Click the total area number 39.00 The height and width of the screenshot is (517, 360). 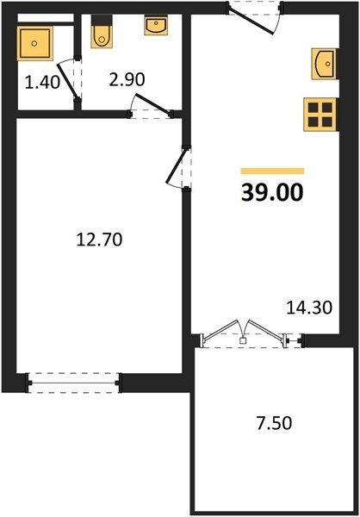pyautogui.click(x=272, y=192)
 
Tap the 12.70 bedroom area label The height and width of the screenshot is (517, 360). pyautogui.click(x=99, y=240)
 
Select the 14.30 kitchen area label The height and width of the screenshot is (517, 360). pyautogui.click(x=309, y=308)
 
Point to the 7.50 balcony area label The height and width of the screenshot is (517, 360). pyautogui.click(x=274, y=423)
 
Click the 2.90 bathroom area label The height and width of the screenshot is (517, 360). pyautogui.click(x=127, y=79)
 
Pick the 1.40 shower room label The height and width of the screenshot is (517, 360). pyautogui.click(x=42, y=82)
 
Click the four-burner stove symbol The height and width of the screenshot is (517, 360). pyautogui.click(x=320, y=115)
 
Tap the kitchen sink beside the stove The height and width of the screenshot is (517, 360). pyautogui.click(x=325, y=64)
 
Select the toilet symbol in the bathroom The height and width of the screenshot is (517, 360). pyautogui.click(x=102, y=32)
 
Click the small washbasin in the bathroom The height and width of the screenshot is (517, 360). pyautogui.click(x=156, y=25)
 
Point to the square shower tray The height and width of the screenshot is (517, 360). pyautogui.click(x=35, y=44)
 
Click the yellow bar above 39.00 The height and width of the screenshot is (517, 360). pyautogui.click(x=272, y=171)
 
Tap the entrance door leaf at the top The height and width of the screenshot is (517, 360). pyautogui.click(x=251, y=22)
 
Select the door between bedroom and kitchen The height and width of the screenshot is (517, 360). pyautogui.click(x=177, y=165)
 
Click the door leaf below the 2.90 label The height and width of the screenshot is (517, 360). pyautogui.click(x=154, y=104)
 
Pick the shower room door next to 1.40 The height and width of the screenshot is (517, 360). pyautogui.click(x=68, y=80)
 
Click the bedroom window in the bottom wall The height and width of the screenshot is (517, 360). pyautogui.click(x=75, y=383)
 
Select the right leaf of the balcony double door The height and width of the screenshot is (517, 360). pyautogui.click(x=266, y=329)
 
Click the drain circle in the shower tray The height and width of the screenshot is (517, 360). pyautogui.click(x=34, y=43)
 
